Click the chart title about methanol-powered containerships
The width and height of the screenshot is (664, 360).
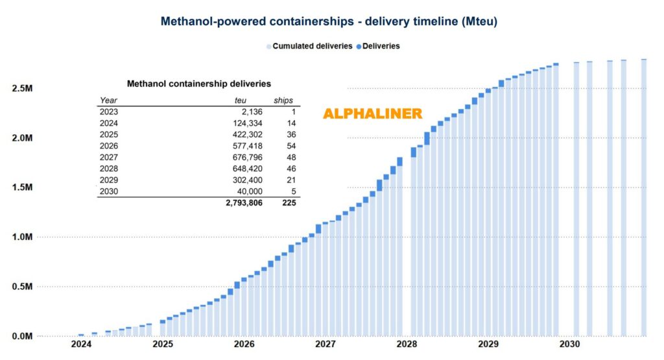coord(329,21)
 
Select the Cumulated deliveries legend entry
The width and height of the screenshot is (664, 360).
coord(309,46)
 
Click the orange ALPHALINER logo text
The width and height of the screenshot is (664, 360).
coord(373,114)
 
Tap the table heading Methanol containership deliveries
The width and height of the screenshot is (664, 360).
coord(198,84)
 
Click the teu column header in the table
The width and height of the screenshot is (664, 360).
coord(241,101)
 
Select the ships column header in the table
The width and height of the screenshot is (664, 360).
coord(283,101)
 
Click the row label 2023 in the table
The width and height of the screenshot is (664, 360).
coord(109,112)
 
